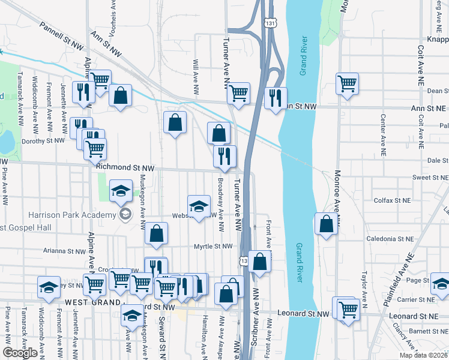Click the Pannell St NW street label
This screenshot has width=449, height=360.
tap(61, 36)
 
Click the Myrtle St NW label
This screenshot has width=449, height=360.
tap(212, 246)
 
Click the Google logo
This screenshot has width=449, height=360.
tap(20, 353)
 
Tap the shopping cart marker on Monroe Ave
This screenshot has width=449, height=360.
tap(348, 84)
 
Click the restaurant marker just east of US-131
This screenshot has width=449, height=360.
tap(276, 98)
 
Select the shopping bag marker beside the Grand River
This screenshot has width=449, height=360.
tap(326, 224)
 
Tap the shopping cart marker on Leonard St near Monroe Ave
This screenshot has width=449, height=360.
tap(348, 310)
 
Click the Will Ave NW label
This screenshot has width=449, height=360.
tap(196, 76)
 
